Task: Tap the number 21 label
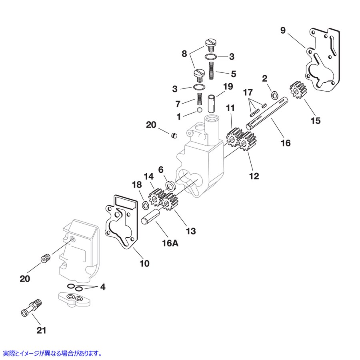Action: pos(42,330)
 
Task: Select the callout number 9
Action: pos(283,31)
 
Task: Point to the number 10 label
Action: pos(144,264)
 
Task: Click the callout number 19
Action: pos(228,86)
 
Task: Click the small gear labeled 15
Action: pos(297,90)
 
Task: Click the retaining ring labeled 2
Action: pos(274,95)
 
